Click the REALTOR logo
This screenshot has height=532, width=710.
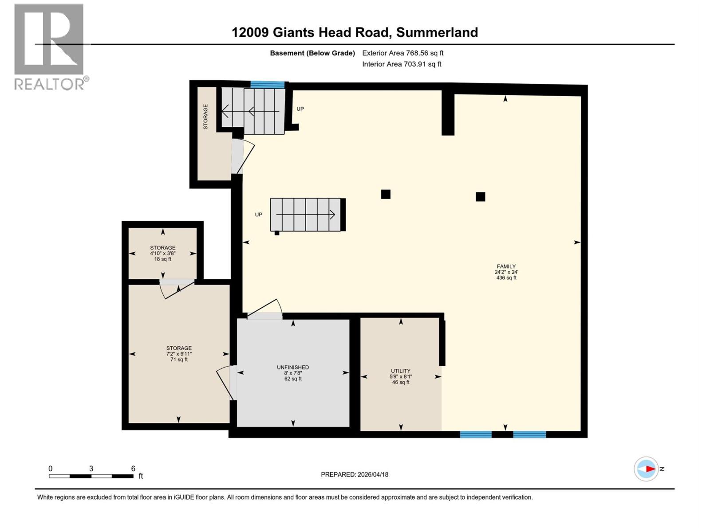tap(49, 47)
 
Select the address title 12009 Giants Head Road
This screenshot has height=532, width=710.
tap(355, 32)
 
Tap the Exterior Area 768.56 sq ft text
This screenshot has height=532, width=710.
tap(402, 53)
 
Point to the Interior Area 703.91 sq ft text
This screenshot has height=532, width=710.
tap(402, 64)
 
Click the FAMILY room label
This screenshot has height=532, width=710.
tap(506, 272)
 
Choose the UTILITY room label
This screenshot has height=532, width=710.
tap(401, 376)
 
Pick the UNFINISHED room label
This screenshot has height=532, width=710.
tap(293, 373)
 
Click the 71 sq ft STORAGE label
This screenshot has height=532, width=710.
tap(179, 354)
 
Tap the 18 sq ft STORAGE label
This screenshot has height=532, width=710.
tap(163, 253)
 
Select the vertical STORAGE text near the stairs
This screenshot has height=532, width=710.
tap(205, 117)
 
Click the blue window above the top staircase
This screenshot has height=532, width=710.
tap(268, 84)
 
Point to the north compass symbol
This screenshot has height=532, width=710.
tap(647, 469)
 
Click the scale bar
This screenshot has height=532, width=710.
tap(91, 476)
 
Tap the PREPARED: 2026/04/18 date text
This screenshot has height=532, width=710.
tap(355, 474)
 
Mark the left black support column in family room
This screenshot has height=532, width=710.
tap(386, 194)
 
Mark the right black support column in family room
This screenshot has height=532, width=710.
tap(480, 197)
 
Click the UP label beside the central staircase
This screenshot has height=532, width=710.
tap(259, 215)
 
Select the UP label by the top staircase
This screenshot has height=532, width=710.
tap(300, 109)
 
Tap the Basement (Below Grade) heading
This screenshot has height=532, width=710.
tap(312, 53)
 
